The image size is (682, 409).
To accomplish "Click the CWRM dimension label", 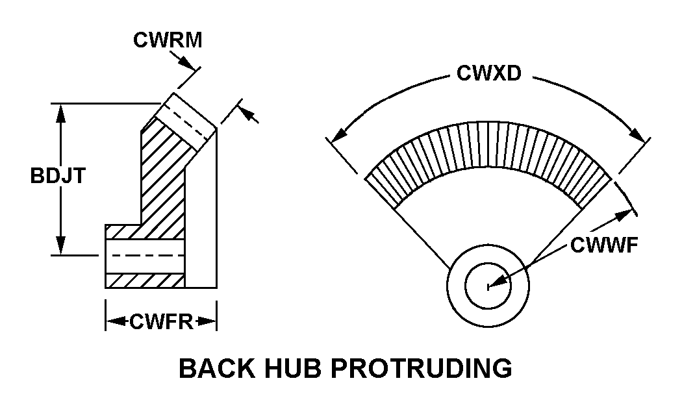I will click(168, 40).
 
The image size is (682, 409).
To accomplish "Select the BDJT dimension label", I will click(58, 176).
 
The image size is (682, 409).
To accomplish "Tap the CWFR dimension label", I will click(162, 321).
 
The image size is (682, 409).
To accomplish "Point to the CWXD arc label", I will click(488, 73).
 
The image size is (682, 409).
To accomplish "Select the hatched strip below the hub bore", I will click(145, 280).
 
